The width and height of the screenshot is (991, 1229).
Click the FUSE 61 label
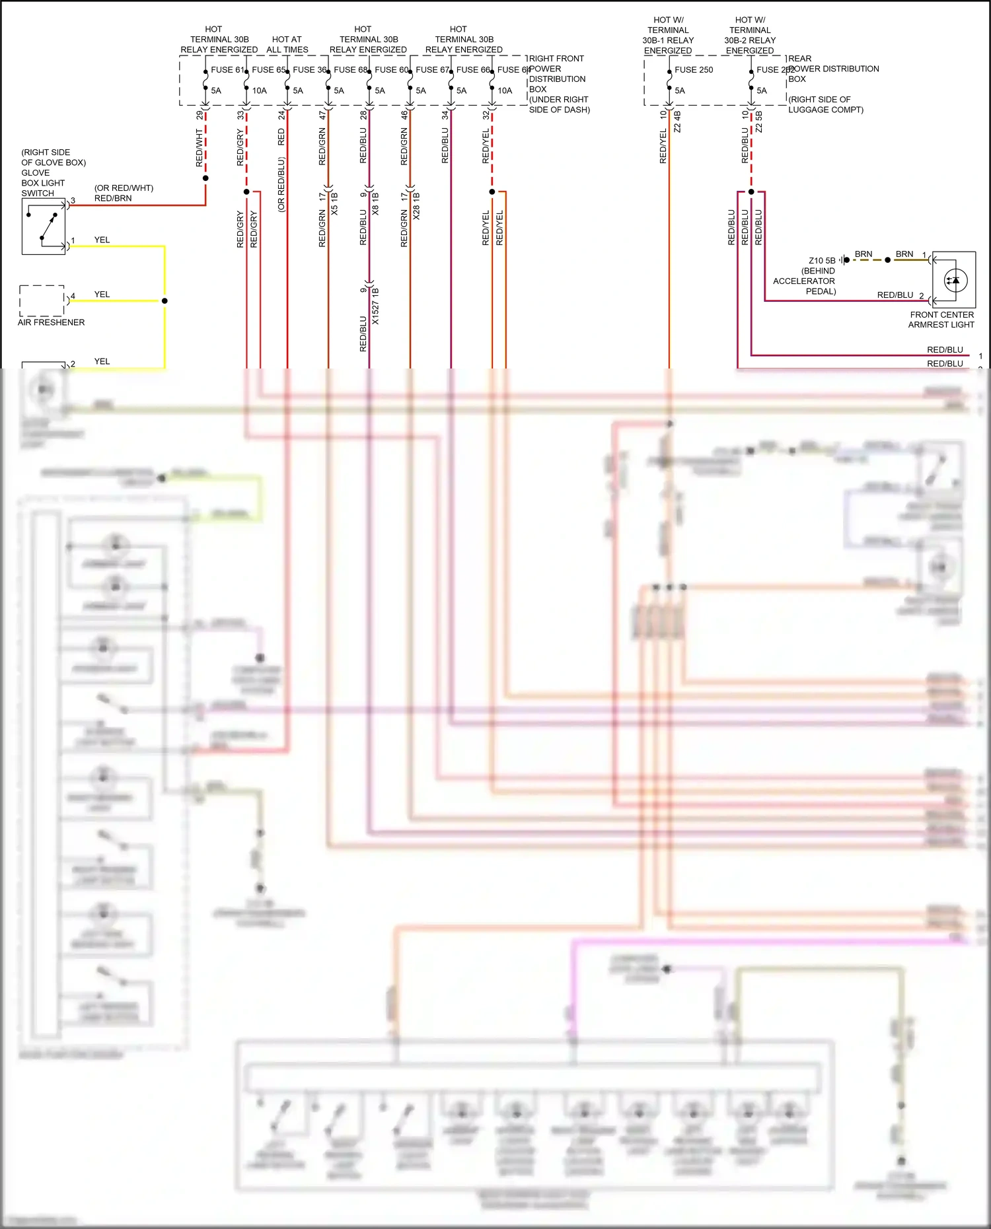227,69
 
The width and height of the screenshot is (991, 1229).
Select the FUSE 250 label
694,69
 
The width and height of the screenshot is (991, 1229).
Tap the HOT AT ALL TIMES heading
287,44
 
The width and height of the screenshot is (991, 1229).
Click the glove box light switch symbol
44,227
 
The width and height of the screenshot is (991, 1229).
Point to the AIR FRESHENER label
51,322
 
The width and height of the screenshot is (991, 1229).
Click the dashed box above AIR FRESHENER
42,300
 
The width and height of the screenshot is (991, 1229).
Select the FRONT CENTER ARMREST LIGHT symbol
955,280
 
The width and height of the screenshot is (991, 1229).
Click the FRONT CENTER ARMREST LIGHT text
941,320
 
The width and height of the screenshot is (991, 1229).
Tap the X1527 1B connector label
375,306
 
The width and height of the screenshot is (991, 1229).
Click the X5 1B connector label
334,203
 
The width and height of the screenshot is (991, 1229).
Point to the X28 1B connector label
416,205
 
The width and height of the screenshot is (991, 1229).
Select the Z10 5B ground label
822,260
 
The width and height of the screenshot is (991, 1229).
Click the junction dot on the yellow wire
165,300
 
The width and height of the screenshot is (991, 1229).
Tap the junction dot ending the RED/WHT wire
205,178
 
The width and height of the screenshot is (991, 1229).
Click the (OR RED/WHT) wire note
124,188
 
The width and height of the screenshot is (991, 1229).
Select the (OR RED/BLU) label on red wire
281,184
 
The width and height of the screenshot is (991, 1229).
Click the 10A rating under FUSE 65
259,90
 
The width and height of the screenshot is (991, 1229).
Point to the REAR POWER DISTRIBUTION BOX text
832,69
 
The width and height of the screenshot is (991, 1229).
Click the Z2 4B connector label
677,122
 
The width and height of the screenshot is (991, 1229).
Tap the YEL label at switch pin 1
102,240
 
